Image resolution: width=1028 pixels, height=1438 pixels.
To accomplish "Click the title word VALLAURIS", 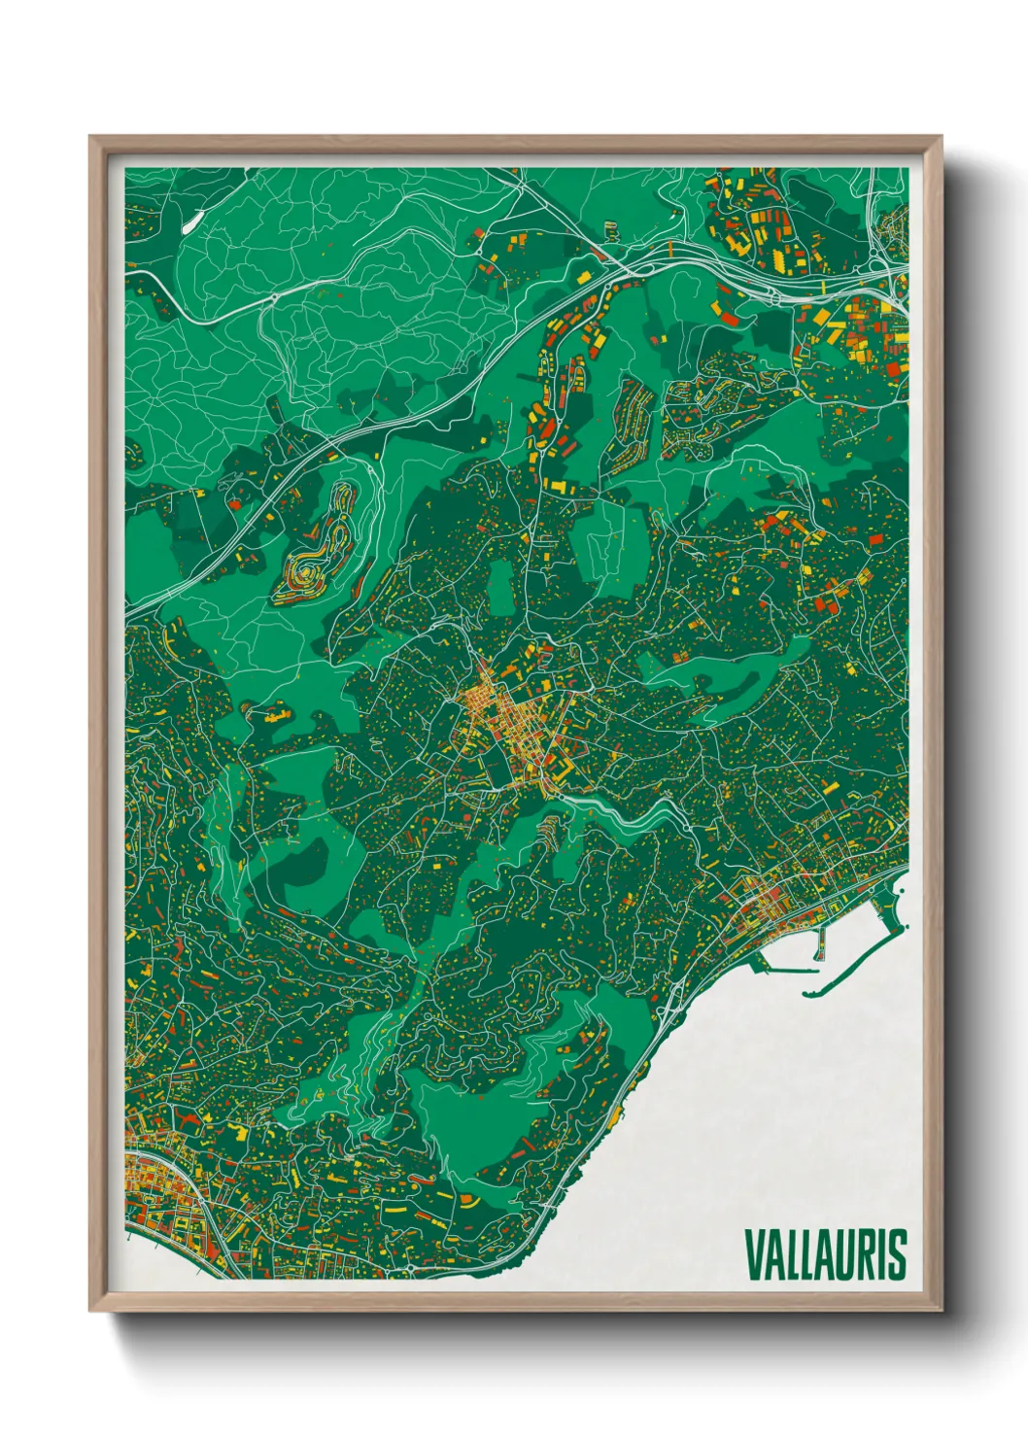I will pos(825,1254).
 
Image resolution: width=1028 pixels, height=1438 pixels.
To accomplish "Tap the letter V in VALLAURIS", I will pos(754,1254).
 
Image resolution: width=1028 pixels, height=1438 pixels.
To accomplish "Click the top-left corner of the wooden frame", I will pos(90,137).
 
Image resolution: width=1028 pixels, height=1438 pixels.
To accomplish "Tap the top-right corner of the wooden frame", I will pos(942,137).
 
